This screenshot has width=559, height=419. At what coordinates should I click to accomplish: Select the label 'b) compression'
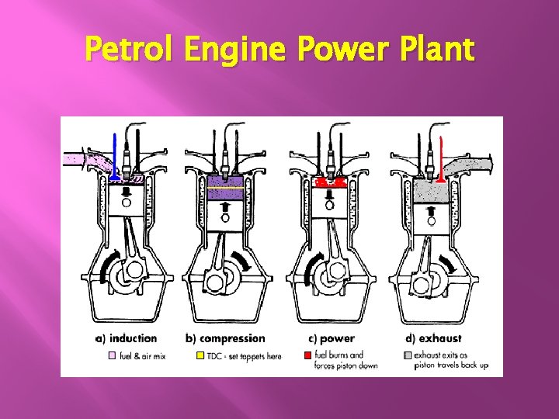pos(225,338)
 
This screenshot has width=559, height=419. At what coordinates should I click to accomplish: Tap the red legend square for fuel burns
pos(307,355)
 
